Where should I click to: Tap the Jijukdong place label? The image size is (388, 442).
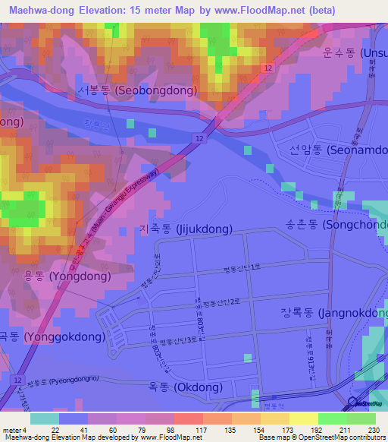(180, 228)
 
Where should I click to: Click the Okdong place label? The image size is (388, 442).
(186, 387)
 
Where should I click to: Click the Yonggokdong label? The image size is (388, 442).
(52, 336)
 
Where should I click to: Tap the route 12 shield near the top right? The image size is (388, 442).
(268, 68)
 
